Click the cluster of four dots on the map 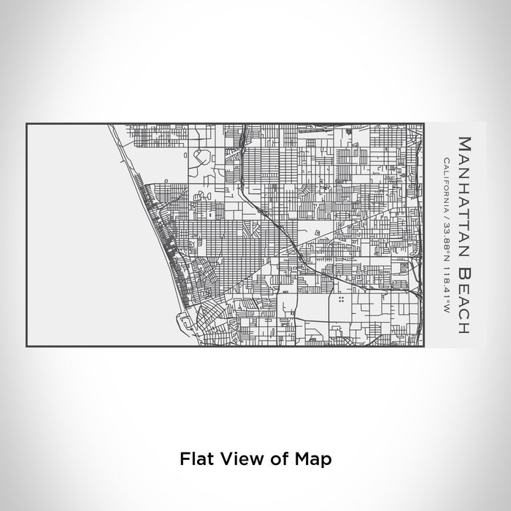point(341,299)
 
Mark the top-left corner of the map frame point(27,123)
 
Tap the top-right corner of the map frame point(423,123)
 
